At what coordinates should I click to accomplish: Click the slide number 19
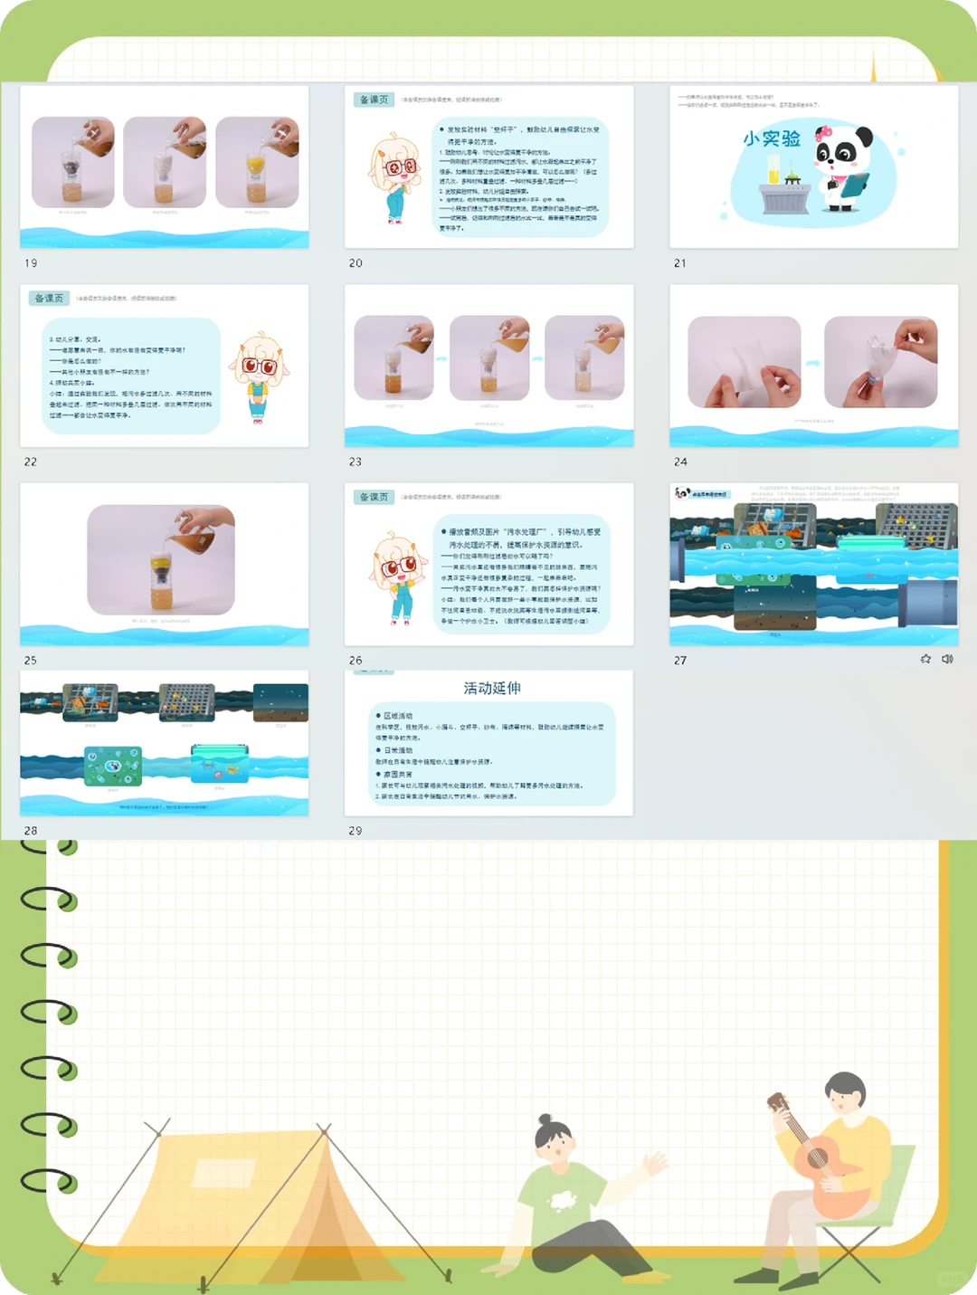(31, 263)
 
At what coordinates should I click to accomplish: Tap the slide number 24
(680, 462)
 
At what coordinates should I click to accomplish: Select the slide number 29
(356, 831)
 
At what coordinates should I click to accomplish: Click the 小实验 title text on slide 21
(772, 138)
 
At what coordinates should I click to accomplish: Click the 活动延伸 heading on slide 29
(492, 688)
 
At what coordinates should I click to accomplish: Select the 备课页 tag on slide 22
(49, 298)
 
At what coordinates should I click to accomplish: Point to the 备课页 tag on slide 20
(374, 100)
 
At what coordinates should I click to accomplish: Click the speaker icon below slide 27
(947, 659)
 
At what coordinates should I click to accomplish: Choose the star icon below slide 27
(925, 659)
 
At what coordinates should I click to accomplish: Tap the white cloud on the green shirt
(564, 1200)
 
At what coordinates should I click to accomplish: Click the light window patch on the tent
(223, 1172)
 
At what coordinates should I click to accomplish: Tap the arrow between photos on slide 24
(812, 363)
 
